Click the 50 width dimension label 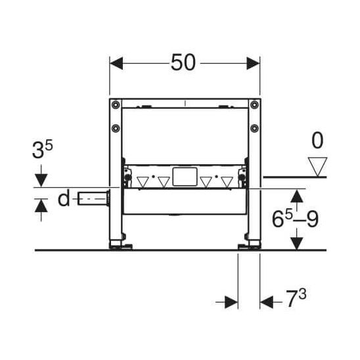(183, 62)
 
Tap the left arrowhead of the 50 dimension (116, 63)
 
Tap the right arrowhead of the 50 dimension (253, 63)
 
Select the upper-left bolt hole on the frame (116, 105)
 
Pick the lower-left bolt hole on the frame (116, 128)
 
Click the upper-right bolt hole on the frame (254, 105)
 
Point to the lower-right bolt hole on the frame (254, 128)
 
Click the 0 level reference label (317, 141)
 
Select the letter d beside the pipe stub (64, 198)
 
